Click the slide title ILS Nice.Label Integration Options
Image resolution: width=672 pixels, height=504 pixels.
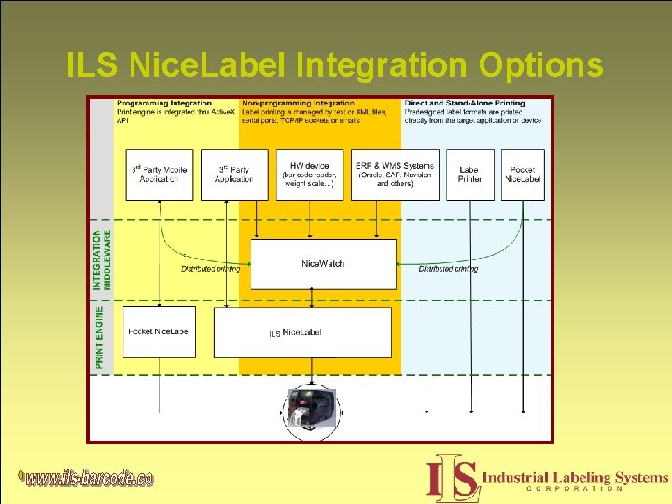click(x=335, y=65)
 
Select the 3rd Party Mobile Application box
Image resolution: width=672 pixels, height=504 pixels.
click(x=159, y=175)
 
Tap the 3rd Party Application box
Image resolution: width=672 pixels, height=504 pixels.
click(x=234, y=175)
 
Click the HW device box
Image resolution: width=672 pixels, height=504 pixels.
click(x=310, y=175)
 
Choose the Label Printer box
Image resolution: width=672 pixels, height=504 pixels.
click(x=469, y=175)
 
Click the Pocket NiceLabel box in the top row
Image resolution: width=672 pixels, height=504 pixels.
click(x=523, y=175)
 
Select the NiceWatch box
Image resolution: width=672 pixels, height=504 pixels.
click(x=323, y=264)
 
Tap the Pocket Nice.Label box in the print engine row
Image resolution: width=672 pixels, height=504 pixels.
click(x=160, y=331)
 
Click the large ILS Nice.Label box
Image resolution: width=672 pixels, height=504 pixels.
click(x=302, y=332)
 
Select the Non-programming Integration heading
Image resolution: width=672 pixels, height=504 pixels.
click(x=298, y=103)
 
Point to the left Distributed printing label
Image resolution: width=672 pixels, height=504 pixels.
click(x=210, y=269)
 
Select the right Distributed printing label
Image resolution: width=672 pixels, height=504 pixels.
click(x=448, y=269)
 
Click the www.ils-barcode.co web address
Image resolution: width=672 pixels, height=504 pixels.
click(x=90, y=479)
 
